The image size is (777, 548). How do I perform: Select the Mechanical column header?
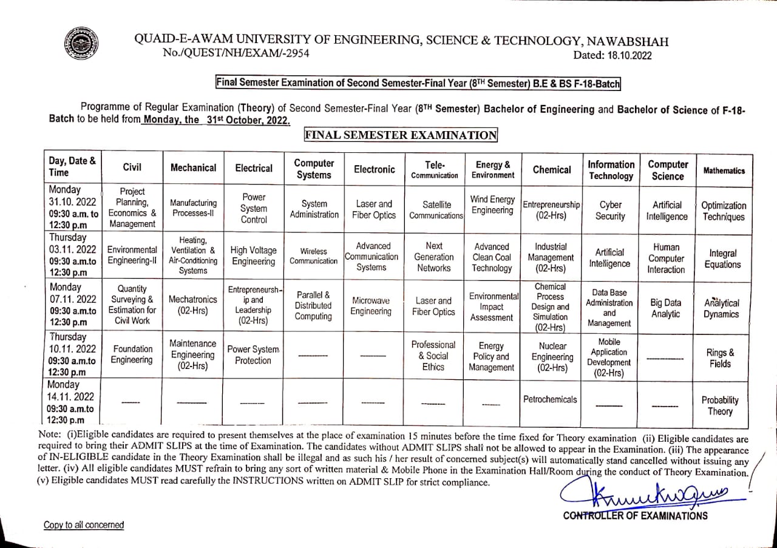tap(193, 168)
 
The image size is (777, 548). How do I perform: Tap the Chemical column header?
tap(551, 170)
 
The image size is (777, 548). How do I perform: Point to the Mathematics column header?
tap(724, 171)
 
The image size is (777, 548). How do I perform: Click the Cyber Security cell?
tap(610, 211)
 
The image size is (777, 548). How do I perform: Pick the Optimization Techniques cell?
tap(724, 211)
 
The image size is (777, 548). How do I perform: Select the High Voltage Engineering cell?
tap(254, 255)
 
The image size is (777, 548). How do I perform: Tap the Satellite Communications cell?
tap(434, 210)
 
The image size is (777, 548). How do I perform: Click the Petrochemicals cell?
tap(550, 399)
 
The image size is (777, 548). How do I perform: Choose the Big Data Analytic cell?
tap(665, 308)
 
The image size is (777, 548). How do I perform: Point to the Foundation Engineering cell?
tap(132, 354)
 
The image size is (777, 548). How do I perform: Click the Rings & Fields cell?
tap(721, 358)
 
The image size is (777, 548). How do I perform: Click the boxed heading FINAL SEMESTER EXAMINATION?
tap(401, 135)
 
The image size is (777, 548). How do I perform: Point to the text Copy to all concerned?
tap(84, 525)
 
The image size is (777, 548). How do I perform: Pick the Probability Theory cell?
tap(720, 405)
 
